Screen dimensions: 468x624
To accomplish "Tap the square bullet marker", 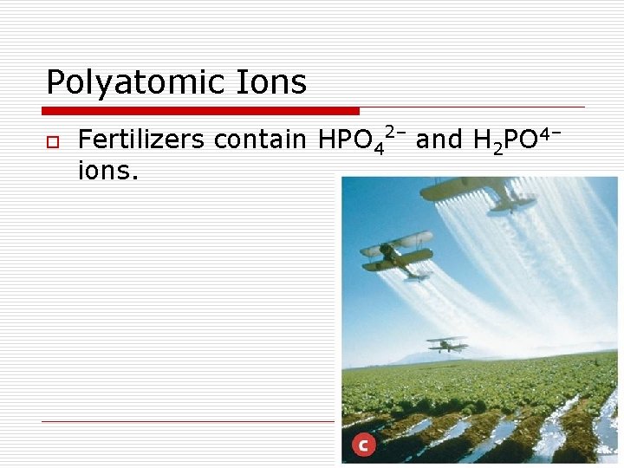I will [53, 141].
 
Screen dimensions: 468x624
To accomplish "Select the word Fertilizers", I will [142, 140].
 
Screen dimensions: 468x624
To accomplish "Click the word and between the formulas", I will [439, 140].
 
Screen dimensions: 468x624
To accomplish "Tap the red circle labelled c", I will [362, 445].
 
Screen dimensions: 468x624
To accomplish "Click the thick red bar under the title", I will [201, 111].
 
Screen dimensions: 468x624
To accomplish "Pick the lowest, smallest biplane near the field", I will [447, 344].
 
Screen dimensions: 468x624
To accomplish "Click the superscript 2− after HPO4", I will [395, 132].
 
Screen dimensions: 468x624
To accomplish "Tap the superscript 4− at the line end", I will [553, 132].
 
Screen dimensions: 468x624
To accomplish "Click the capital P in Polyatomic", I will [55, 83].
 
